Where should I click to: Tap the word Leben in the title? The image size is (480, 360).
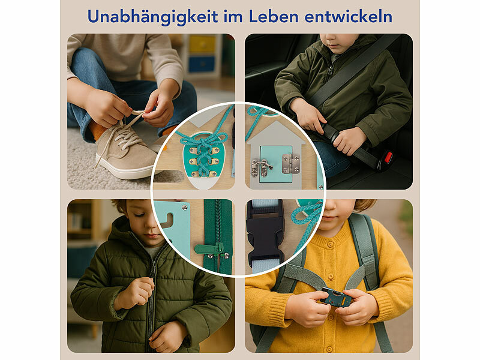click(x=274, y=16)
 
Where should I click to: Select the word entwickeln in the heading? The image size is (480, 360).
click(x=349, y=16)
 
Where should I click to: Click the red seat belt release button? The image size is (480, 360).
click(x=388, y=157)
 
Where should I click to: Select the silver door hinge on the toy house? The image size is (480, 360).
click(x=291, y=163)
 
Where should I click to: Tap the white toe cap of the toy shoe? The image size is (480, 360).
click(x=202, y=183)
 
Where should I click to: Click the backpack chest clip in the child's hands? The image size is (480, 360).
click(x=336, y=297)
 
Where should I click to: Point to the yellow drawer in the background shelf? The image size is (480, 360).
click(x=202, y=44)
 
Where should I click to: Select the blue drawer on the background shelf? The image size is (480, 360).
click(x=202, y=64)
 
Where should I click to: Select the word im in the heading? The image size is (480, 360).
click(x=233, y=17)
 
